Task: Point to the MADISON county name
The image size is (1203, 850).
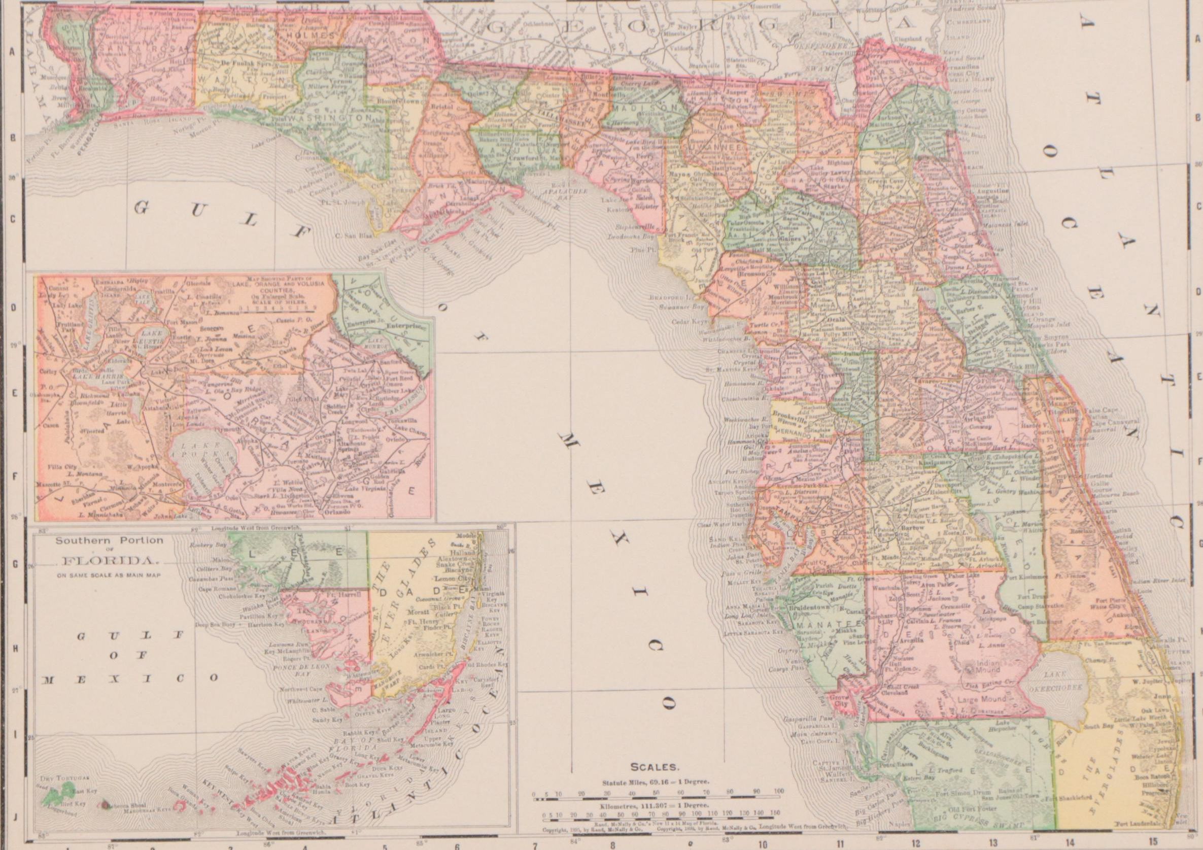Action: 634,107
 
